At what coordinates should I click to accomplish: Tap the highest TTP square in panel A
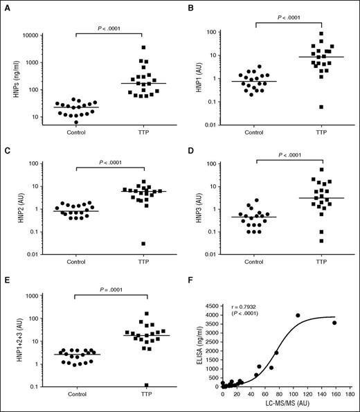click(x=143, y=48)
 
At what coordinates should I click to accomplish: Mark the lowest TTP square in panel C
click(x=143, y=244)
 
